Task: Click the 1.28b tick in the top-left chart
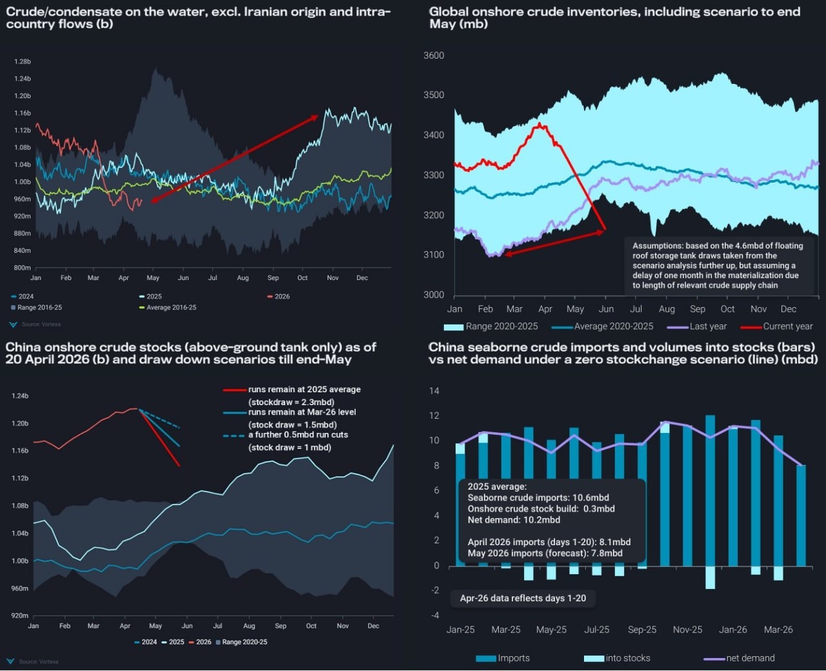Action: coord(23,62)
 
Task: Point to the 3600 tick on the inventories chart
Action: coord(434,55)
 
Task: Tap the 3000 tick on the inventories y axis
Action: coord(434,295)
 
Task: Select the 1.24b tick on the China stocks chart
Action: coord(20,396)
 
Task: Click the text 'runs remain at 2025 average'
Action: coord(304,390)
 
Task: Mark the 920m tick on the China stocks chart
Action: coord(20,616)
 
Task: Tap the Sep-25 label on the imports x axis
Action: coord(641,630)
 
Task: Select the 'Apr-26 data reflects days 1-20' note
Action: coord(523,599)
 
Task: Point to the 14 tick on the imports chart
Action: coord(434,391)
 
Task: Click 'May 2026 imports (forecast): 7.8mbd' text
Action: coord(545,553)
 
